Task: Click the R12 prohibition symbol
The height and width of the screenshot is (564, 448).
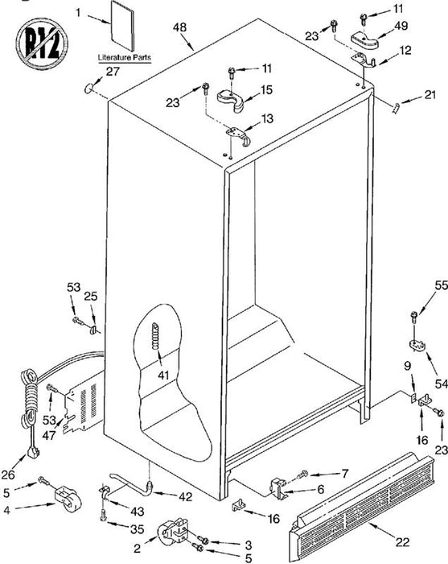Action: (x=42, y=44)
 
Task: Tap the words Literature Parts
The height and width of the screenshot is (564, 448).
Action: (x=125, y=57)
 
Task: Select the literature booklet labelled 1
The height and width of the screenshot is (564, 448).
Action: (x=123, y=25)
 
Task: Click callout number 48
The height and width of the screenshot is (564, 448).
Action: (x=179, y=27)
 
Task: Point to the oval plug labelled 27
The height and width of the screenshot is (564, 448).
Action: (x=88, y=87)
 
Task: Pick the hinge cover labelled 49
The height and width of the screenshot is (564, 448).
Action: (x=364, y=40)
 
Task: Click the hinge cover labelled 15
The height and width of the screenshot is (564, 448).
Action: (x=231, y=101)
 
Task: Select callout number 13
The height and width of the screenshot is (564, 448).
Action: (x=267, y=118)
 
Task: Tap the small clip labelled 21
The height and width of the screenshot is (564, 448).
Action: (x=396, y=107)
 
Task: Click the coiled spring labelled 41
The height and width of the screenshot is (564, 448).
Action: (x=154, y=336)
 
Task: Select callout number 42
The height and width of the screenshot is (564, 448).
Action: (x=185, y=497)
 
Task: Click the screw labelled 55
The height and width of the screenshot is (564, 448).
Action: (x=414, y=317)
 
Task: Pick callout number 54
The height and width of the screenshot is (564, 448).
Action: (x=442, y=384)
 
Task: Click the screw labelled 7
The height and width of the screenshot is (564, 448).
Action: (x=303, y=474)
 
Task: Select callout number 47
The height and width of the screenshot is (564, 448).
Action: (x=49, y=435)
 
